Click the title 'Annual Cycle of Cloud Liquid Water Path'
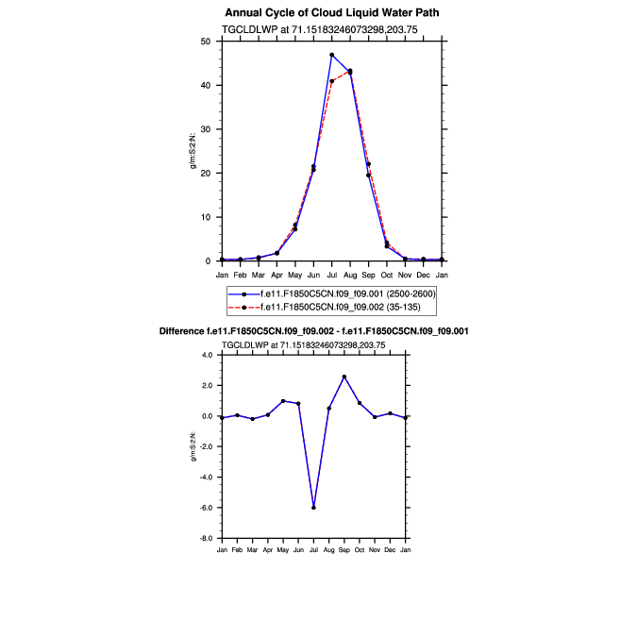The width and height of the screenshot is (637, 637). (x=331, y=12)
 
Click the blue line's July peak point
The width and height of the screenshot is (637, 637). (x=332, y=55)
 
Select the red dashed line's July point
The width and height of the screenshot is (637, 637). (x=332, y=81)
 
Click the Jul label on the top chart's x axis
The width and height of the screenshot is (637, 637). (x=332, y=275)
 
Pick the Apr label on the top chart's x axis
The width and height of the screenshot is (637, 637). (x=277, y=275)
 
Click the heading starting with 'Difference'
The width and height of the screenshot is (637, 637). (x=327, y=331)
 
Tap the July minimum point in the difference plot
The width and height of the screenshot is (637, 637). (x=313, y=508)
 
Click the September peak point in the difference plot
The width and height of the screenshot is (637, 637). (x=344, y=377)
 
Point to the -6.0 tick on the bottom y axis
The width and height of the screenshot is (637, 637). (x=206, y=508)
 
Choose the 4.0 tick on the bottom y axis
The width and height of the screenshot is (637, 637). (x=208, y=355)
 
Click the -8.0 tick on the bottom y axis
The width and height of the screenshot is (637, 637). (x=206, y=539)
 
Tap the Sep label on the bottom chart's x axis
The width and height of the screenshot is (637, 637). (x=344, y=548)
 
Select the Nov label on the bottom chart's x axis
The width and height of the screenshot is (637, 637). (x=375, y=548)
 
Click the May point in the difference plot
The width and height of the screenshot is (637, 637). (x=283, y=401)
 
